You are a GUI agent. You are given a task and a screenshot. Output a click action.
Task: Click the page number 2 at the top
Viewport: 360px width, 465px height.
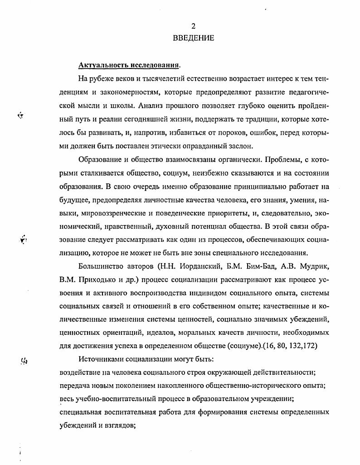click(x=193, y=26)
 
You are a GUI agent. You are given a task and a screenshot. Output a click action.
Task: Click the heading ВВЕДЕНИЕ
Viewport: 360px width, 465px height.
click(x=193, y=38)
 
